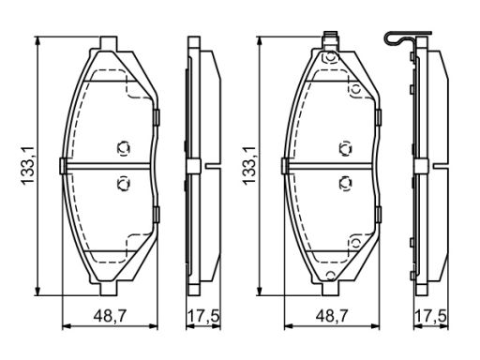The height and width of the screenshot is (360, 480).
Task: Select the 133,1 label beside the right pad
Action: pos(249,167)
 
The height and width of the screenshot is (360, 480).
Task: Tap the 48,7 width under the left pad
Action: pos(110,317)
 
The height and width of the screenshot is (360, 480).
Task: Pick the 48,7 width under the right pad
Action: pos(332,317)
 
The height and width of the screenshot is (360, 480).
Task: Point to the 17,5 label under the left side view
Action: pos(203,317)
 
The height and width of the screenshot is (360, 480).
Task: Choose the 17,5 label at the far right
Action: pos(431,317)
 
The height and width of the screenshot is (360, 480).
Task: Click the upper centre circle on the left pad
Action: pos(123,148)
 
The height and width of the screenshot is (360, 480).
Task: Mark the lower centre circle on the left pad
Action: pos(123,184)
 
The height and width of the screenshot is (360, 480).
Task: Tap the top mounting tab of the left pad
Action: pos(109,43)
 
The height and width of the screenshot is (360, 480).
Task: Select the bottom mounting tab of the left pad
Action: pos(109,289)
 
